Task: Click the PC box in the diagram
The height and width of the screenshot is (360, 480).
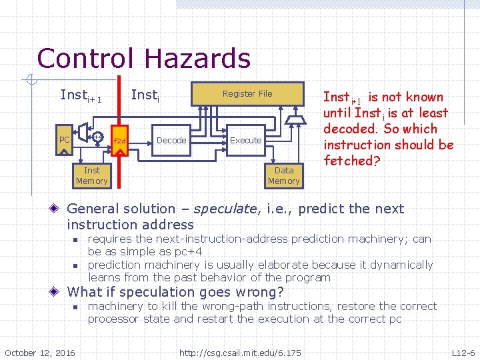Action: pos(64,140)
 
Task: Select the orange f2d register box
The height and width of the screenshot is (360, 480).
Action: pos(119,141)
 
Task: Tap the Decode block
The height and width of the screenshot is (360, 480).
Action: pos(171,140)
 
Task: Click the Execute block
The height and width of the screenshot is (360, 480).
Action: pos(245,140)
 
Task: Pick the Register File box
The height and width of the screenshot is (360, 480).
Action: pos(247,94)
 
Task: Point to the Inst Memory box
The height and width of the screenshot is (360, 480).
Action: pos(92,176)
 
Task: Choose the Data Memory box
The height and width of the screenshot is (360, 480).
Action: pos(283,176)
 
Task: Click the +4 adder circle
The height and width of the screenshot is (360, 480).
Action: pos(97,137)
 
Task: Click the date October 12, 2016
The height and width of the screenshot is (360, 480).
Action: pos(40,351)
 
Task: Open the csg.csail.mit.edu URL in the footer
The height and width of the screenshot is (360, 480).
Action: pos(240,351)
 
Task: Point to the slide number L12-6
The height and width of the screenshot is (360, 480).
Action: pos(463,351)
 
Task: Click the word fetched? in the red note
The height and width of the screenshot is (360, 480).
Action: pos(349,161)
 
